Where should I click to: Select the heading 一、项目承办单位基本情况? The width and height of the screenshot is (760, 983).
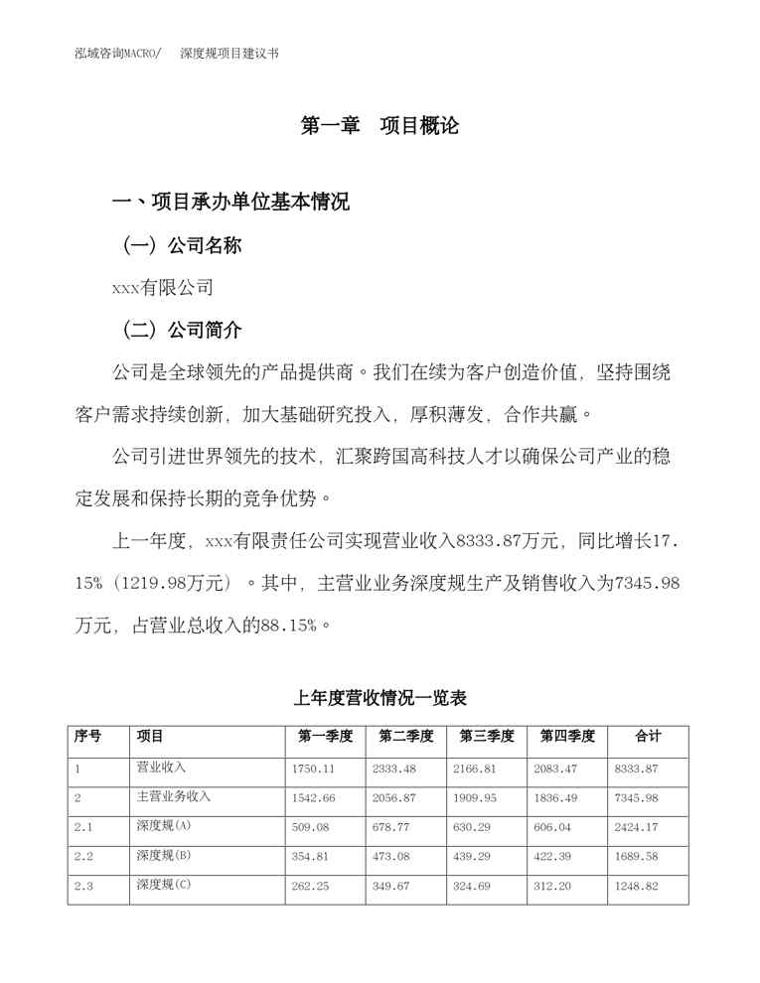230,204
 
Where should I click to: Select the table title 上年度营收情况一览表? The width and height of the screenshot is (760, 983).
380,698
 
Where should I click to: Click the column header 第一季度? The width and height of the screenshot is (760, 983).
325,737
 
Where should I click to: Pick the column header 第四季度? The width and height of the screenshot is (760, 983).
567,737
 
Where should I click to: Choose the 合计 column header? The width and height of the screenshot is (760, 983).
648,737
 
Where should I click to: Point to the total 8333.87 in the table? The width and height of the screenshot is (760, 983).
637,769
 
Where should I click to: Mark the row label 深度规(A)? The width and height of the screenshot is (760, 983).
163,826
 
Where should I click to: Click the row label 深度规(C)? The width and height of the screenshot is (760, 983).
163,885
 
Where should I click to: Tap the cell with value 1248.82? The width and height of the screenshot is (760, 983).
637,886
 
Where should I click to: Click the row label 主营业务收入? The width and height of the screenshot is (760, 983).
173,796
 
